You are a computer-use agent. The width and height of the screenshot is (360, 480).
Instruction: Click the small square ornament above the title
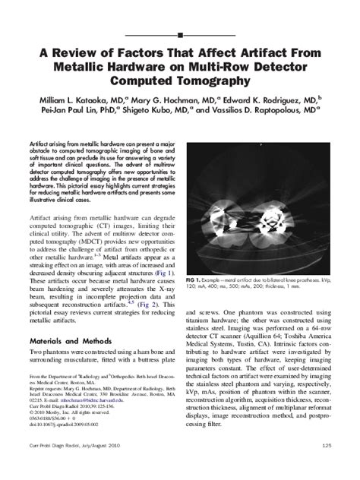coord(180,35)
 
